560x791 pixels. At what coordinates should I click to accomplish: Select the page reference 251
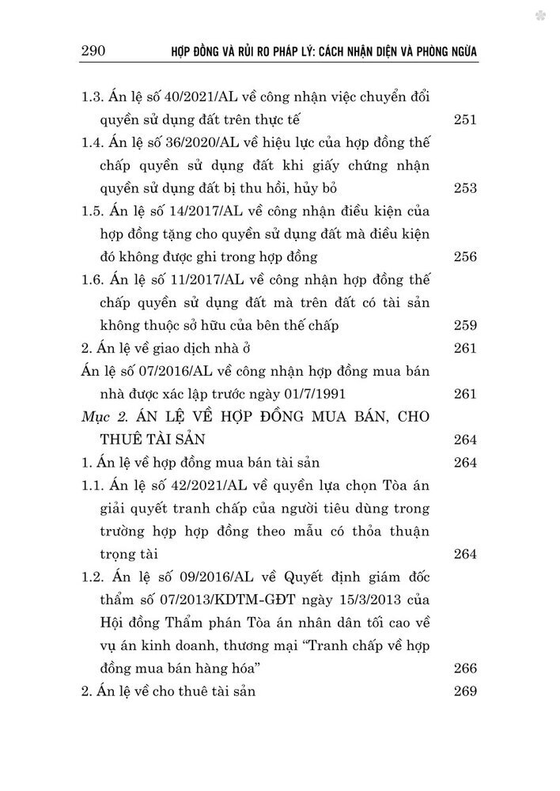point(466,119)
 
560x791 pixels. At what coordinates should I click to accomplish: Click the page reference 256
point(466,256)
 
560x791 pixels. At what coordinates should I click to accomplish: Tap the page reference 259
point(466,324)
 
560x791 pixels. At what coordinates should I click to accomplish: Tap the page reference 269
point(466,691)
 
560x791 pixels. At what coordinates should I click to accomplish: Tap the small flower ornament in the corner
point(540,15)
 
